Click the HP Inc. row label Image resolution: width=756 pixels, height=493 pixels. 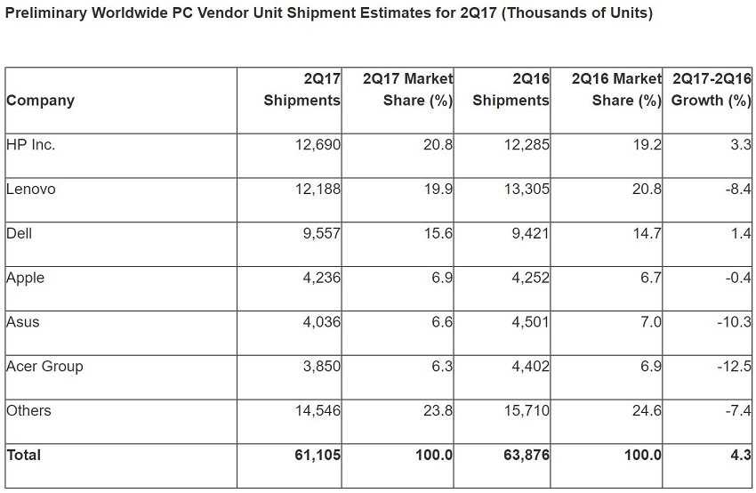tap(30, 145)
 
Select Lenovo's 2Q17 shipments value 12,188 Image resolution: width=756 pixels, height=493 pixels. tap(318, 189)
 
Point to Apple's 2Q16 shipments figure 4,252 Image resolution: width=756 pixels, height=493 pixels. tap(527, 278)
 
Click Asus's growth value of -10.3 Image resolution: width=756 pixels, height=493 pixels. tap(734, 322)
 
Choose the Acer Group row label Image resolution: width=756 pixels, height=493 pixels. tap(44, 367)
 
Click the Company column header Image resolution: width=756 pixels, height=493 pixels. tap(40, 101)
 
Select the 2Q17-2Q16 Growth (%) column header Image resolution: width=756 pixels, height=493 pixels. tap(712, 89)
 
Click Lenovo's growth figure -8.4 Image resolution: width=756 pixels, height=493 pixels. tap(738, 189)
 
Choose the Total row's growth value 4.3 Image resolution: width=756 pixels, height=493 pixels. tap(742, 455)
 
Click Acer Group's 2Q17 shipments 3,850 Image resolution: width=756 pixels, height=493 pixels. tap(321, 367)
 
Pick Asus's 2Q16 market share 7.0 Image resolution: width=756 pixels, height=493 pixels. tap(651, 322)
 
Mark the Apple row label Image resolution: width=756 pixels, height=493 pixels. tap(25, 278)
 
